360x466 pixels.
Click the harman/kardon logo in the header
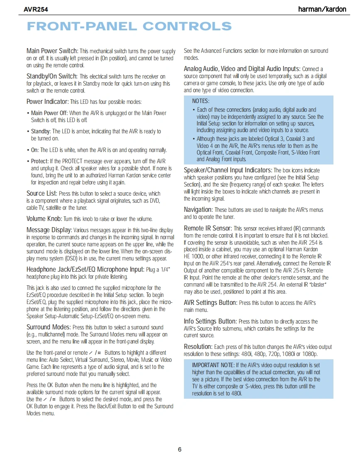tap(322, 9)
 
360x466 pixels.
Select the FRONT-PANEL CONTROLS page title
tap(129, 27)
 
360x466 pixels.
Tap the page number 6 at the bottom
tap(180, 449)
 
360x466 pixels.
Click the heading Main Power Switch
tap(52, 51)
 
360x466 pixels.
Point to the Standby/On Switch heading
tap(52, 76)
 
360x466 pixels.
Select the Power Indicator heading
tap(47, 102)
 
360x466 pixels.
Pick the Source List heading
tap(42, 194)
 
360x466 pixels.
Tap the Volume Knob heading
tap(44, 219)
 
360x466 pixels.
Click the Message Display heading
tap(49, 230)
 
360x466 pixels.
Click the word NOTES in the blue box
tap(201, 101)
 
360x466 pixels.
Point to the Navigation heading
tap(198, 210)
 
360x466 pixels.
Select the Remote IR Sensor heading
tap(208, 228)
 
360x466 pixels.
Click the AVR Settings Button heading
tap(211, 303)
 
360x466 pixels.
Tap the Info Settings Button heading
tap(210, 321)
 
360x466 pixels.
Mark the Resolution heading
tap(198, 347)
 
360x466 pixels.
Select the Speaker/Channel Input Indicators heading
tap(228, 170)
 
